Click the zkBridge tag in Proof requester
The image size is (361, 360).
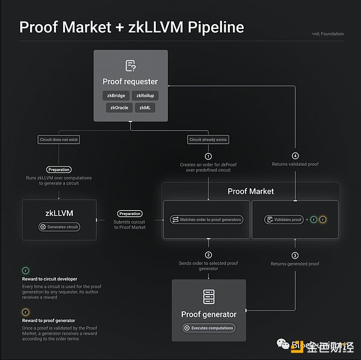tap(116, 95)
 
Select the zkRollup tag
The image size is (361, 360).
tap(146, 95)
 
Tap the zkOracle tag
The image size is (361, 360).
tap(117, 108)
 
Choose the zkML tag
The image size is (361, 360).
tap(144, 108)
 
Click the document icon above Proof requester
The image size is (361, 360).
tap(130, 66)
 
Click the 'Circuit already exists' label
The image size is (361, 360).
tap(208, 139)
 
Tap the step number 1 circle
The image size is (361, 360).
tap(208, 156)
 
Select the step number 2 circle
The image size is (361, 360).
tap(208, 254)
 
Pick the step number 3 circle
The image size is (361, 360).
tap(295, 254)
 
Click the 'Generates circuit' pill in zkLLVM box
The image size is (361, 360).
tap(59, 227)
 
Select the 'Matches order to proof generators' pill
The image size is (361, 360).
tap(207, 220)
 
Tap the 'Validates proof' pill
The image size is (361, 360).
tap(283, 220)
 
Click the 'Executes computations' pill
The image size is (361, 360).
tap(209, 328)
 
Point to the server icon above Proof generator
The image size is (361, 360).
tap(208, 297)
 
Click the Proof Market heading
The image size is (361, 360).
tap(250, 191)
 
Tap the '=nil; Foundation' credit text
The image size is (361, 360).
tap(328, 34)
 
